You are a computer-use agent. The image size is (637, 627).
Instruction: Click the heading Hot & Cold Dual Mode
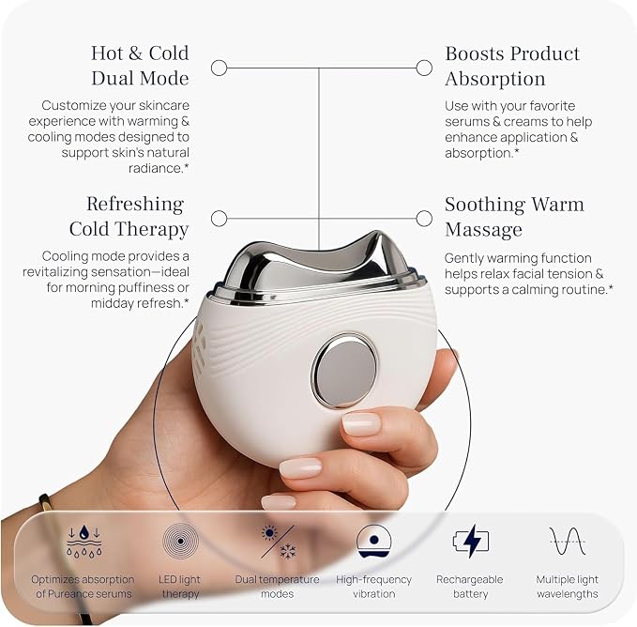pyautogui.click(x=140, y=66)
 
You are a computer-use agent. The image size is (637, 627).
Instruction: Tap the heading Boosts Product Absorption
pyautogui.click(x=512, y=66)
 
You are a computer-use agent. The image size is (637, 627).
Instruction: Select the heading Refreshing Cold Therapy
pyautogui.click(x=129, y=216)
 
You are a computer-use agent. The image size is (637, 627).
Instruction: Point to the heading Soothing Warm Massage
pyautogui.click(x=514, y=217)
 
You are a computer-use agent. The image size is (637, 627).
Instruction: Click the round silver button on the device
pyautogui.click(x=345, y=370)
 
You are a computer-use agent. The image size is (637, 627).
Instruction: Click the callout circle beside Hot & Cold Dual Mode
pyautogui.click(x=219, y=68)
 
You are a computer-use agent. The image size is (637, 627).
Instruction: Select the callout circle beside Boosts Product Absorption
pyautogui.click(x=424, y=68)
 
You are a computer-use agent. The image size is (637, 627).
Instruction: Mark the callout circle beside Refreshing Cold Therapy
pyautogui.click(x=219, y=218)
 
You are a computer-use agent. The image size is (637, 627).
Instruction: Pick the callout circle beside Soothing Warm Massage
pyautogui.click(x=424, y=218)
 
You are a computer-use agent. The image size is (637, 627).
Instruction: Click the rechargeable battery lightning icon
pyautogui.click(x=471, y=542)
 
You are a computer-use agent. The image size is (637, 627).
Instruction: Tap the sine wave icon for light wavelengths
pyautogui.click(x=568, y=542)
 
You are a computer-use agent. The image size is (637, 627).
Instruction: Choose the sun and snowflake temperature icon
pyautogui.click(x=279, y=542)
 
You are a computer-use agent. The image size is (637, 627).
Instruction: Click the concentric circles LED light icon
pyautogui.click(x=180, y=541)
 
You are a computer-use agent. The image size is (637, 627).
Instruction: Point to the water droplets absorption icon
pyautogui.click(x=83, y=541)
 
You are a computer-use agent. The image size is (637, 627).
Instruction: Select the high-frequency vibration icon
pyautogui.click(x=373, y=542)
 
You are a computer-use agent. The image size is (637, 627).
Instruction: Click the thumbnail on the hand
pyautogui.click(x=361, y=424)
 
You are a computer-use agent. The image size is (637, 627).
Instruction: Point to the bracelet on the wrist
pyautogui.click(x=65, y=560)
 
